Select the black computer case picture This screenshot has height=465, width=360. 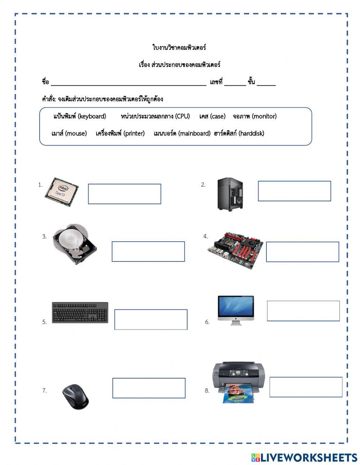tap(230, 195)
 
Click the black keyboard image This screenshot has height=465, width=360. tap(80, 312)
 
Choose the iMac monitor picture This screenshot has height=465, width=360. tap(236, 309)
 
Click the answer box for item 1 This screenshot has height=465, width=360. tap(125, 194)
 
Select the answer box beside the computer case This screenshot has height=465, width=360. tap(294, 191)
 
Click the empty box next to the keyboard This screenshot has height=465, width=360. tap(151, 319)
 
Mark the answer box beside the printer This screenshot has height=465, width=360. tap(306, 387)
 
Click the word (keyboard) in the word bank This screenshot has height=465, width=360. tap(92, 116)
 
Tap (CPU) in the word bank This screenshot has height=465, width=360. tap(183, 116)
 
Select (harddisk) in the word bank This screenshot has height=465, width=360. tap(251, 134)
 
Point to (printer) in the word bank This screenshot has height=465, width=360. tap(134, 134)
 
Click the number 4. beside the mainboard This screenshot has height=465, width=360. tap(206, 237)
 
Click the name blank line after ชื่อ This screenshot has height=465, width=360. tap(129, 83)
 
